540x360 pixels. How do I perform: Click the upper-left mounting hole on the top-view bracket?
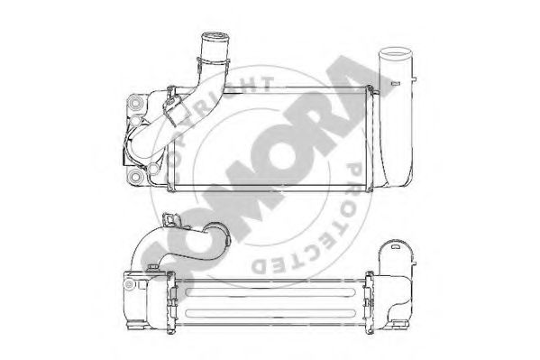[136, 103]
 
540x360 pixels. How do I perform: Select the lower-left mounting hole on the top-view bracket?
[136, 177]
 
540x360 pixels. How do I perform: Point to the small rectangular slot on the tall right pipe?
[396, 83]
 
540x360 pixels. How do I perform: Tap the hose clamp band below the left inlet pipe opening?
[214, 62]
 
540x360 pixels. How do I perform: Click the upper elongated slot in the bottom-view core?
[270, 292]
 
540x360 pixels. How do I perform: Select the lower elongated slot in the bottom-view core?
[270, 313]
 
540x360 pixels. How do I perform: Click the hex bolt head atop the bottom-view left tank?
[152, 268]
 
